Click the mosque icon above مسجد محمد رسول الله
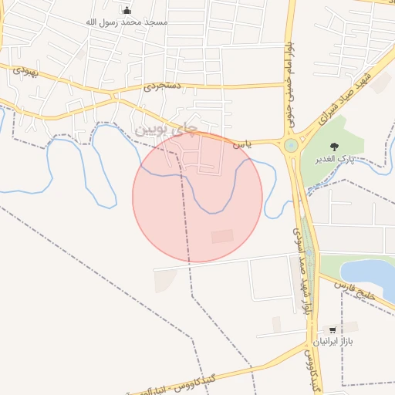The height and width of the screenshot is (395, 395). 127,11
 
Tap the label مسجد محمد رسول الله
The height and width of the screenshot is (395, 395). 127,22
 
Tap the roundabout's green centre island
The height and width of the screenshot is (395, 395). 291,145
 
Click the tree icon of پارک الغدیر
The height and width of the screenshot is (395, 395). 333,147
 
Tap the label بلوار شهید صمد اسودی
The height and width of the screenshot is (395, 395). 302,270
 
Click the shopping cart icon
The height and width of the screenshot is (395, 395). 333,329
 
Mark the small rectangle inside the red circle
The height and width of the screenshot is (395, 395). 222,236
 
